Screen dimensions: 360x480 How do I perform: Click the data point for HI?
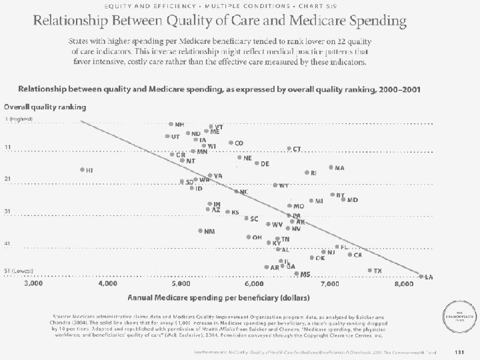pyautogui.click(x=82, y=169)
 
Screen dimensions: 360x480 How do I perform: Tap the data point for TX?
pyautogui.click(x=370, y=270)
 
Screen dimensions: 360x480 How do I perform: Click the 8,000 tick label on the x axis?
pyautogui.click(x=403, y=284)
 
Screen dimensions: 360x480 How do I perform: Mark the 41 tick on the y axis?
pyautogui.click(x=8, y=243)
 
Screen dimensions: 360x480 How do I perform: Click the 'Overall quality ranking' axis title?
pyautogui.click(x=45, y=106)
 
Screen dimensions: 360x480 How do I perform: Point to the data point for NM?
pyautogui.click(x=201, y=231)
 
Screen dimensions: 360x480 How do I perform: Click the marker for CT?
pyautogui.click(x=289, y=149)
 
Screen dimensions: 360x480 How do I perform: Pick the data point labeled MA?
pyautogui.click(x=331, y=167)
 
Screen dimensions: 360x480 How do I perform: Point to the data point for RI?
pyautogui.click(x=307, y=173)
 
